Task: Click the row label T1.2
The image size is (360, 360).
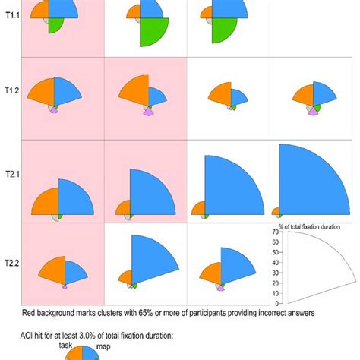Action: [11, 91]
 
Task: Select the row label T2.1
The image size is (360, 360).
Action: [11, 174]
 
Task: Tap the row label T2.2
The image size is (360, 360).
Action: [11, 263]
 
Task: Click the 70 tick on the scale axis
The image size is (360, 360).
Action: [275, 234]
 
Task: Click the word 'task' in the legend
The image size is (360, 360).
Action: [66, 344]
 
